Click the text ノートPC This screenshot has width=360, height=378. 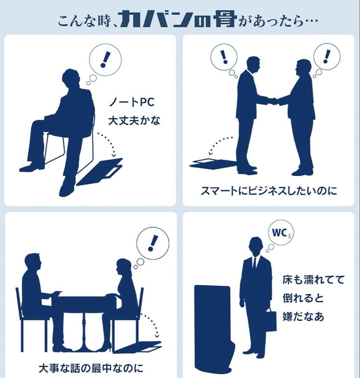click(x=132, y=103)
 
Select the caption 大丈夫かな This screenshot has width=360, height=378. click(x=134, y=121)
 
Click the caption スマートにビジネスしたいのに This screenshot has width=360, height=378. click(x=268, y=191)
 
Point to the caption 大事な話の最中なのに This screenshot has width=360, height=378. click(x=91, y=368)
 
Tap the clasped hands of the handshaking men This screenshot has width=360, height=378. click(x=275, y=101)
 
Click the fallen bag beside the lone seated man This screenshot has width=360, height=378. click(x=99, y=171)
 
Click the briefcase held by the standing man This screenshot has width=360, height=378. click(x=271, y=320)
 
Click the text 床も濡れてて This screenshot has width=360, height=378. click(x=313, y=280)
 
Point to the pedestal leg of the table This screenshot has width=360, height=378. click(x=83, y=330)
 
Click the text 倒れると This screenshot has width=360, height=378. click(x=303, y=298)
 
